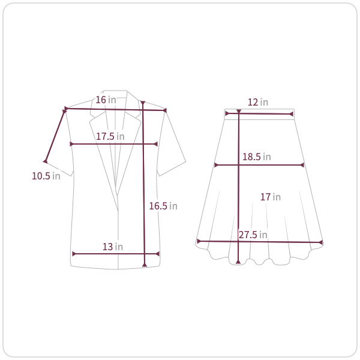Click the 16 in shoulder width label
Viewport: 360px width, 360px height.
(x=106, y=100)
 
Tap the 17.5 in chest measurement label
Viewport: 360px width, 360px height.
(x=110, y=136)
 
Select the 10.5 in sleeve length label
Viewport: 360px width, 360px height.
(x=46, y=176)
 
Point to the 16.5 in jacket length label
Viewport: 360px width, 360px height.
(x=163, y=206)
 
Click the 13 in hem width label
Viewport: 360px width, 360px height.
(x=113, y=247)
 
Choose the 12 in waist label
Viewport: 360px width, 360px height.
(x=258, y=102)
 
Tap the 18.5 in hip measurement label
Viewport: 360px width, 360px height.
(x=257, y=157)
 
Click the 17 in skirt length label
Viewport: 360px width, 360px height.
(x=271, y=197)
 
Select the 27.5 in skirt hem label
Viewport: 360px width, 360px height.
(x=253, y=235)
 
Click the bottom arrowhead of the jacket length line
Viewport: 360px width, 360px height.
(x=145, y=265)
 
